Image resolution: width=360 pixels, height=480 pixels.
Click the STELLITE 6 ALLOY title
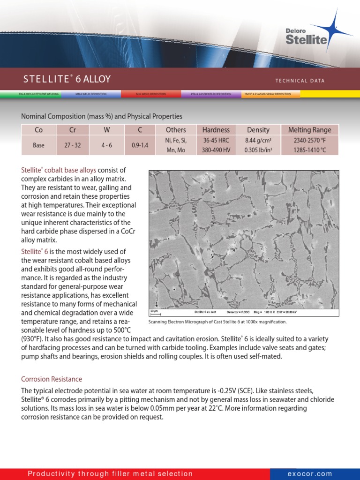click(67, 79)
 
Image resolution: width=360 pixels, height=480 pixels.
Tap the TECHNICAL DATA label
click(300, 81)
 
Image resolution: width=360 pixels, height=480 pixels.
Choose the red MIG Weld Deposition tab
click(151, 94)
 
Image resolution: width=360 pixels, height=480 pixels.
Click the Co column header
click(38, 130)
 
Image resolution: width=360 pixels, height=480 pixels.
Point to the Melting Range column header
click(309, 130)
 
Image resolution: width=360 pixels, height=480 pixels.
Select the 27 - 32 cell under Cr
click(73, 145)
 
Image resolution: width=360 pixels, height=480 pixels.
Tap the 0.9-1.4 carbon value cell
click(140, 145)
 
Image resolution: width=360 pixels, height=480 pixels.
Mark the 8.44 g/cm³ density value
click(258, 140)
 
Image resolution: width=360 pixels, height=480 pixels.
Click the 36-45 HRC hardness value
click(216, 140)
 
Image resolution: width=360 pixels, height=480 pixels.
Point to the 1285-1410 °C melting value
click(309, 150)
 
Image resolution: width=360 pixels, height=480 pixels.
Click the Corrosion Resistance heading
click(52, 379)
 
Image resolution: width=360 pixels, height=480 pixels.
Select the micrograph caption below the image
click(217, 322)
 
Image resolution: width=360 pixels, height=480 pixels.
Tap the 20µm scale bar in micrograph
click(155, 312)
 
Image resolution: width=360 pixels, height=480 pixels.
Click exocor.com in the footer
click(310, 474)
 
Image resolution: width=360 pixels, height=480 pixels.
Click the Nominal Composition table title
click(102, 116)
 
